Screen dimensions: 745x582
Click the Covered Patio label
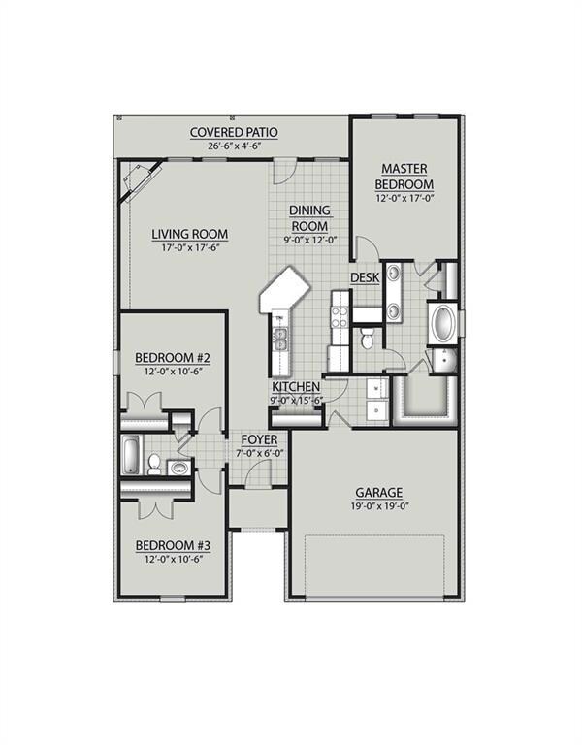234,132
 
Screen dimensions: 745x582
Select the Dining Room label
309,218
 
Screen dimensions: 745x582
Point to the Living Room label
189,234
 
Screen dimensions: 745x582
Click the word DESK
365,278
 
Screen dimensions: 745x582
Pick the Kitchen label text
296,387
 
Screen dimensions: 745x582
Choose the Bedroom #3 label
174,545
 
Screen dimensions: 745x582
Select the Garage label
378,493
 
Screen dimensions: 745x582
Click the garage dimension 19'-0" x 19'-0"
378,506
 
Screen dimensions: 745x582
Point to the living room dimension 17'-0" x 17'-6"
189,248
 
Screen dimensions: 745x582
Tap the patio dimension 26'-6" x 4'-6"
234,146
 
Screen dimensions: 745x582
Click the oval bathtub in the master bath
443,324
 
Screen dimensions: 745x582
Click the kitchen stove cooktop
339,313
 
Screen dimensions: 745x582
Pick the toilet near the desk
367,340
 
